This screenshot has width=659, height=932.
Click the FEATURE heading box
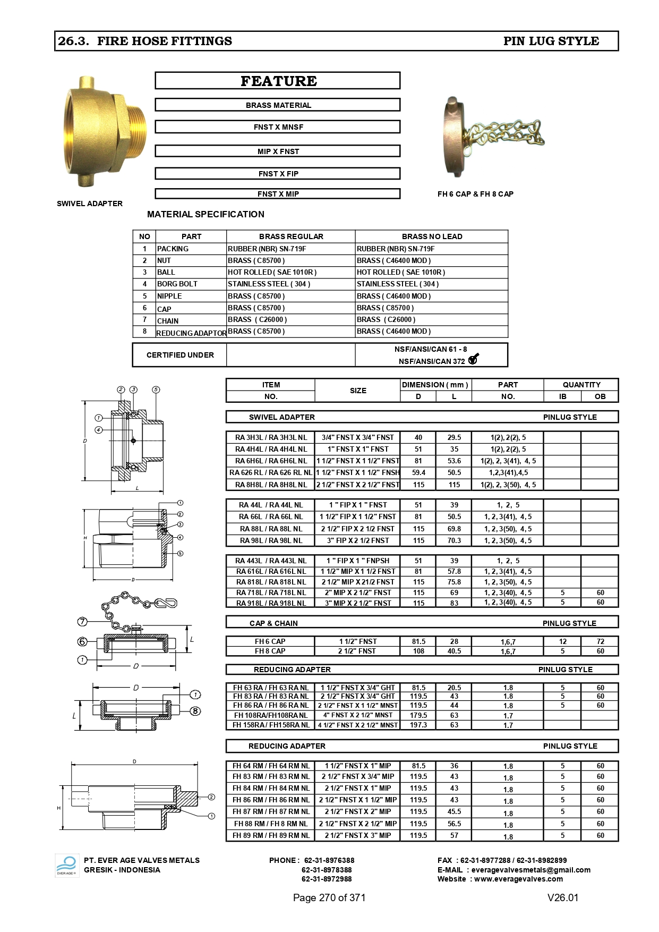coord(277,81)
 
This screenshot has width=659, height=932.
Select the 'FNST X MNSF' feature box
coord(277,127)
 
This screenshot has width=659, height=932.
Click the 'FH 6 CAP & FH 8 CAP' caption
coord(475,194)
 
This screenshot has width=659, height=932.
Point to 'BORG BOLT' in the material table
coord(177,284)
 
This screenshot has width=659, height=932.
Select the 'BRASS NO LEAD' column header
coord(432,236)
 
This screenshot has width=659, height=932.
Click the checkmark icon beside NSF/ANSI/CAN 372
coord(473,360)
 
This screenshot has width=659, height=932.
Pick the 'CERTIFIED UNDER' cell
coord(180,355)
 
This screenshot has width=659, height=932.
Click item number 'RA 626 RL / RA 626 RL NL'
coord(271,472)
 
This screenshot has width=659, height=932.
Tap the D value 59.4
coord(418,472)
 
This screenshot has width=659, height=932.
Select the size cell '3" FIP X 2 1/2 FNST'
coord(358,540)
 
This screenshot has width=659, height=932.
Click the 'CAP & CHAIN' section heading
coord(273,623)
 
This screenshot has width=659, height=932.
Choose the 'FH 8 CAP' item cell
coord(270,651)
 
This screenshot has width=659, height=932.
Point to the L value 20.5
coord(454,688)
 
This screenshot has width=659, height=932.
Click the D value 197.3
coord(418,725)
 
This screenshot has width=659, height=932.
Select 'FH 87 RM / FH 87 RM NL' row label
coord(271,811)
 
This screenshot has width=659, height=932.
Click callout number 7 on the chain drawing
coord(82,621)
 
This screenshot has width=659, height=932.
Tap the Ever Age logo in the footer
coord(67,866)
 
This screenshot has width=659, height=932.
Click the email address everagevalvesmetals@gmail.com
coord(530,870)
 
